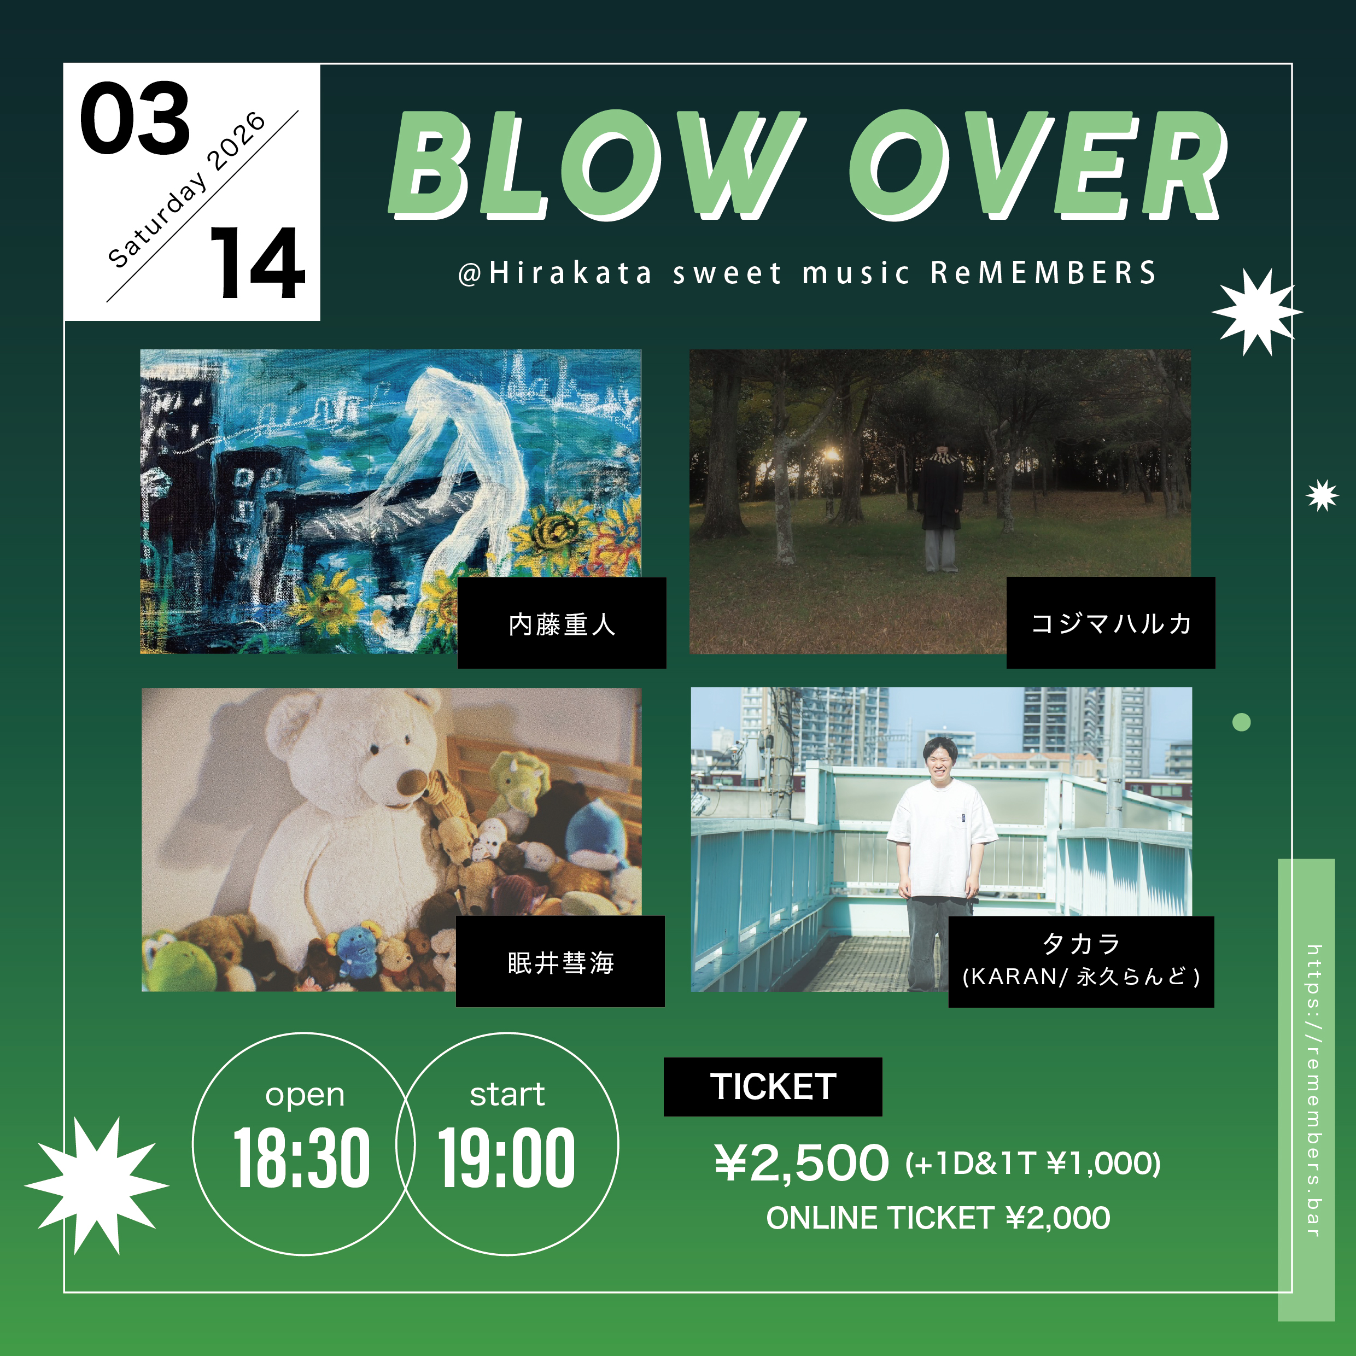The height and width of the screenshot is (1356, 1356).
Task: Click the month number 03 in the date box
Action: pyautogui.click(x=135, y=118)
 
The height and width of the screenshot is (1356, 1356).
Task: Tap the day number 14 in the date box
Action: pyautogui.click(x=258, y=263)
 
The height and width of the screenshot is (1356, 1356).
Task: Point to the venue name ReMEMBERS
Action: pyautogui.click(x=1044, y=273)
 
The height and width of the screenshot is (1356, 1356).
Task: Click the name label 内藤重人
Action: pyautogui.click(x=562, y=624)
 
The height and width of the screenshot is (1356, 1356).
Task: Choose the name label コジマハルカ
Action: pyautogui.click(x=1111, y=623)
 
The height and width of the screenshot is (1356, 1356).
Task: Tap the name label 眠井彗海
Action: pyautogui.click(x=560, y=962)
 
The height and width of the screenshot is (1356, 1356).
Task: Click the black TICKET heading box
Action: pyautogui.click(x=773, y=1086)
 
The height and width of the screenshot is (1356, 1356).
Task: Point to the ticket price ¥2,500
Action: pyautogui.click(x=802, y=1163)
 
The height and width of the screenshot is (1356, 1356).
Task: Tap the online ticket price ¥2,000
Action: pyautogui.click(x=1057, y=1218)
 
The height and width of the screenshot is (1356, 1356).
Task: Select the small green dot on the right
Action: pyautogui.click(x=1242, y=722)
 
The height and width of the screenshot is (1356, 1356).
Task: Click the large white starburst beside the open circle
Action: pyautogui.click(x=97, y=1186)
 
